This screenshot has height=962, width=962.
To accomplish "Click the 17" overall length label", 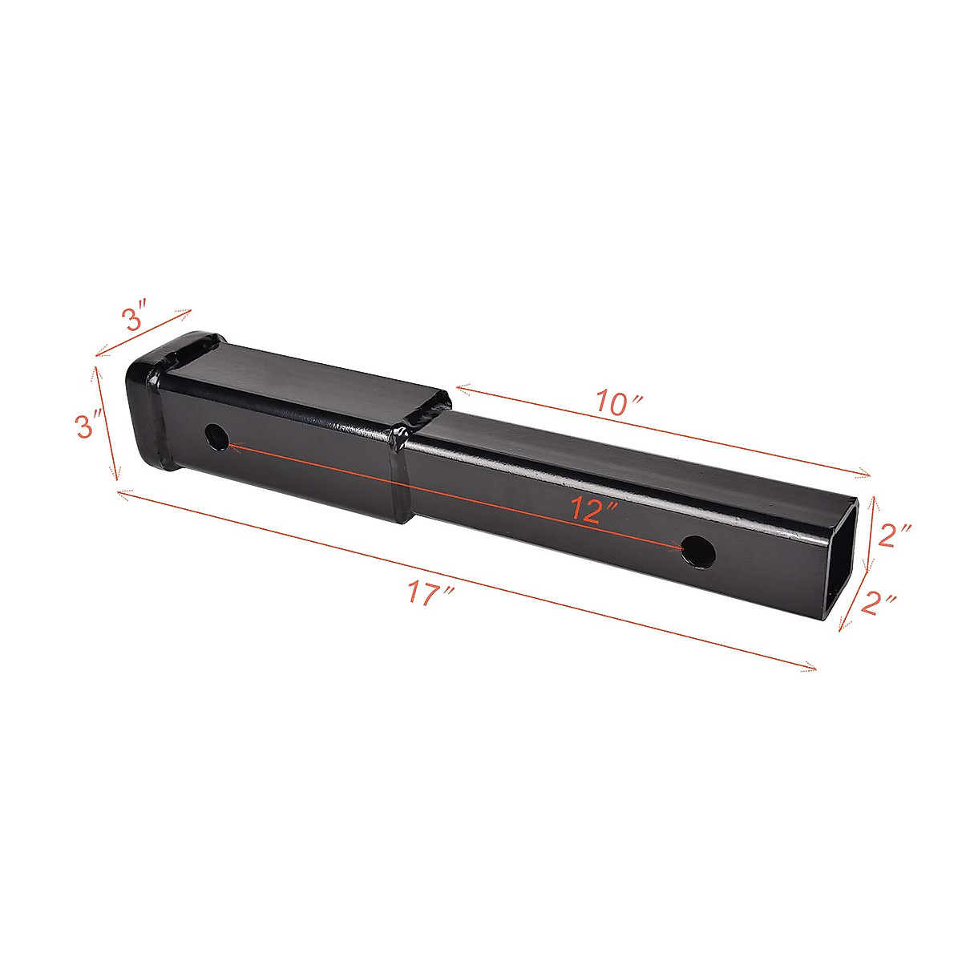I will (x=430, y=595).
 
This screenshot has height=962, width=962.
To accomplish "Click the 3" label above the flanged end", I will (x=135, y=317).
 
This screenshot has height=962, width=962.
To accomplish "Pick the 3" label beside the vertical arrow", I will (x=90, y=425).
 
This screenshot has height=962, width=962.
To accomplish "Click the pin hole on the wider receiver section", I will (x=216, y=438).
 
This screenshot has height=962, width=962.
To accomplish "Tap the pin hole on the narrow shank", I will (x=697, y=552).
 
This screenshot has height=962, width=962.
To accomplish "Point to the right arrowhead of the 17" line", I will (x=813, y=667).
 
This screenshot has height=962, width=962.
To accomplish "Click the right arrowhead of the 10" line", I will (x=867, y=474).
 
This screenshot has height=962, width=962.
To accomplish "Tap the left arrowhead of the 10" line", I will (x=459, y=389).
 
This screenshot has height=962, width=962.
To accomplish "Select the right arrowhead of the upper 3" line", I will (x=188, y=311).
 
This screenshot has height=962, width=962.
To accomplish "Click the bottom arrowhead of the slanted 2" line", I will (x=842, y=629).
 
